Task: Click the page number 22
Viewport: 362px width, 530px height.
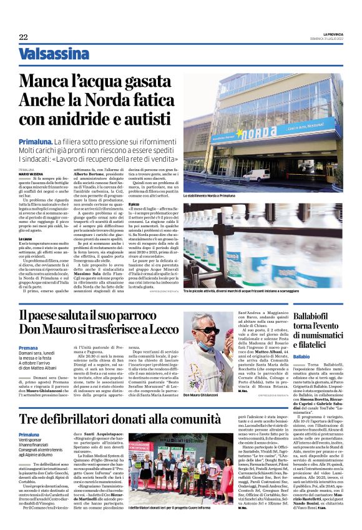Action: click(23, 37)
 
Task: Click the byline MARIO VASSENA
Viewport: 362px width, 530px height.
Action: click(31, 174)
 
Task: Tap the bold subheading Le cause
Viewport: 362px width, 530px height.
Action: click(26, 238)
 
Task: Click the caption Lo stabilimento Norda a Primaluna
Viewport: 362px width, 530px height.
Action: click(209, 196)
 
